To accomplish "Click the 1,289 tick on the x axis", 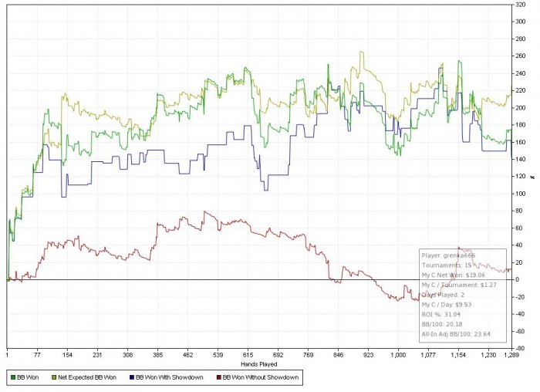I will coord(510,354).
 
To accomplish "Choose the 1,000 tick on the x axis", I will coord(398,354).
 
